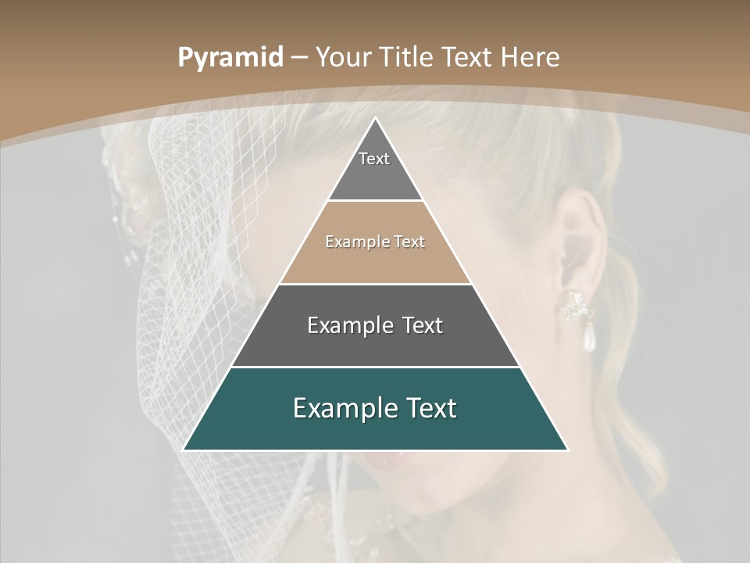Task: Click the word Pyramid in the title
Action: tap(230, 58)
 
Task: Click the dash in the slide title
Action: tap(298, 58)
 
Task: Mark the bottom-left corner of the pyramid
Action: tap(184, 450)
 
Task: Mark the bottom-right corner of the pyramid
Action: tap(567, 450)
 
